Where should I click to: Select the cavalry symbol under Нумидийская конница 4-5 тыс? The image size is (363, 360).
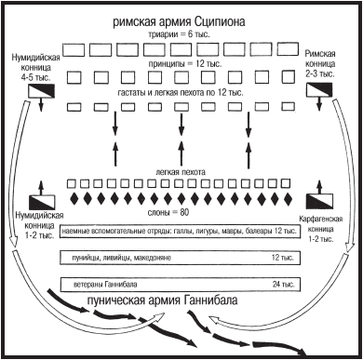point(44,90)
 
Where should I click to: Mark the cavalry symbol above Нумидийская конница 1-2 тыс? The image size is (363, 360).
point(44,199)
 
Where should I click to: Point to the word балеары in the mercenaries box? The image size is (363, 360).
point(253,230)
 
